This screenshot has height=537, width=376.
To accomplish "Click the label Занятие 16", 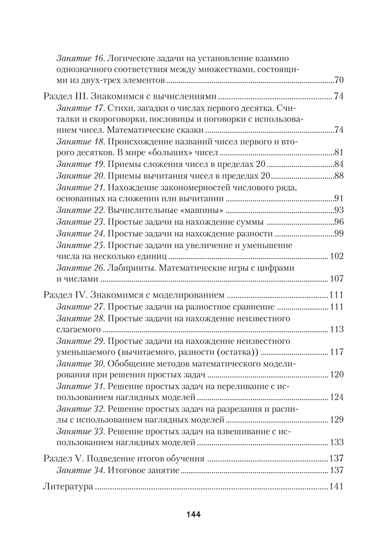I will click(x=80, y=57).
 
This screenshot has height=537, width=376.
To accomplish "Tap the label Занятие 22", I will click(x=80, y=210).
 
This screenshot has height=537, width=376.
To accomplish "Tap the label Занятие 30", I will click(x=80, y=364).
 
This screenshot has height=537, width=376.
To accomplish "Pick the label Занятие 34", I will click(x=80, y=470).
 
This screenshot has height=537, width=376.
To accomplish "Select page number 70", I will click(x=338, y=81).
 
